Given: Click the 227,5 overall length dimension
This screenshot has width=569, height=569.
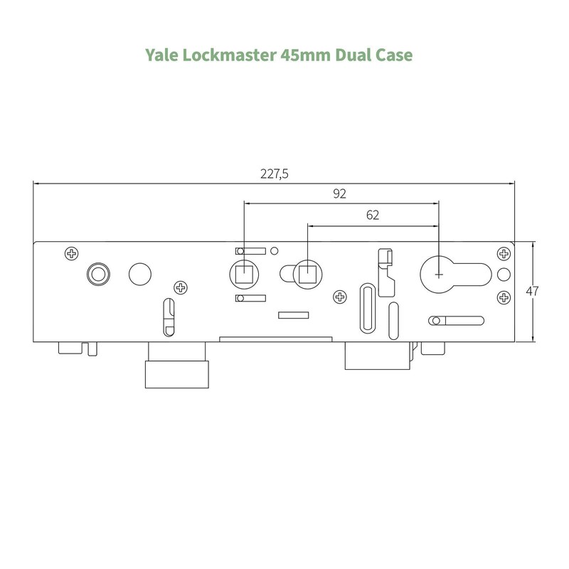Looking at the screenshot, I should point(275,174).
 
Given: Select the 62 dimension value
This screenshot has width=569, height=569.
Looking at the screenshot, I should point(373,215).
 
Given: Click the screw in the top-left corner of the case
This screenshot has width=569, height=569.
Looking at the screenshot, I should point(72,253).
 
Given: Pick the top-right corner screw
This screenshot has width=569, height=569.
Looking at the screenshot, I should point(504,253).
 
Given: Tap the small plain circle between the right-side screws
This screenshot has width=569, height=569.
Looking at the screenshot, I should point(504,275).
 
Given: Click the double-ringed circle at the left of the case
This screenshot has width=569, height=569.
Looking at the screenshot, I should point(97,272).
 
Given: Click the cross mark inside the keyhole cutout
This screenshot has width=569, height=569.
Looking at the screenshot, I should point(439,273).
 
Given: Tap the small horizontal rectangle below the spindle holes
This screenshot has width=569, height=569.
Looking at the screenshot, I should point(292,314).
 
